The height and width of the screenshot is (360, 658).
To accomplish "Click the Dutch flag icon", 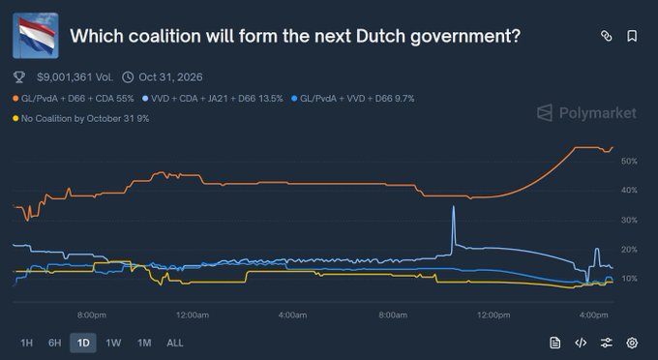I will coord(36,37).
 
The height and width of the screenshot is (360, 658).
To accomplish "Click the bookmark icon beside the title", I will coord(632,37).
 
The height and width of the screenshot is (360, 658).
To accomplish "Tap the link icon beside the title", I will coord(607,37).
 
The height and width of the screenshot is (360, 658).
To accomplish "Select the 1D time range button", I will coord(82,343).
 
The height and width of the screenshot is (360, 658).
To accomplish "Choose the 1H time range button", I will coord(26,343).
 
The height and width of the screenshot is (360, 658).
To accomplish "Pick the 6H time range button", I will coord(54,343).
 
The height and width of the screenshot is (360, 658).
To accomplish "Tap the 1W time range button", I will coord(113,343).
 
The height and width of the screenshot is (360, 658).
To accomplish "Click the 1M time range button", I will coord(144,343).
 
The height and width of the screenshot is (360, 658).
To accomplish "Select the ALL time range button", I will coord(175,343).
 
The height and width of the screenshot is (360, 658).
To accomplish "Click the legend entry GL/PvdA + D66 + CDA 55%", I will coord(74,99).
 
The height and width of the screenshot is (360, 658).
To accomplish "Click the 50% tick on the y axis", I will coord(629,161).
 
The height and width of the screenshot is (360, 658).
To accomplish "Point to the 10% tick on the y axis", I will coord(629,279).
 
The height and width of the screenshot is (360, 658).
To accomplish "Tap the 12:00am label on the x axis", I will coord(192,315).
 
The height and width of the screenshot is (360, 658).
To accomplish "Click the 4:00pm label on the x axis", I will coord(594,315).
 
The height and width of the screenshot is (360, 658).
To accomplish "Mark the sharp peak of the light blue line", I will coord(453,207).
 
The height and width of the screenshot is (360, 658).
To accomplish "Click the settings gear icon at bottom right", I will coord(632,343).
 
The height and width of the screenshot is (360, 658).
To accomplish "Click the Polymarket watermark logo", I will coord(587,113).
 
